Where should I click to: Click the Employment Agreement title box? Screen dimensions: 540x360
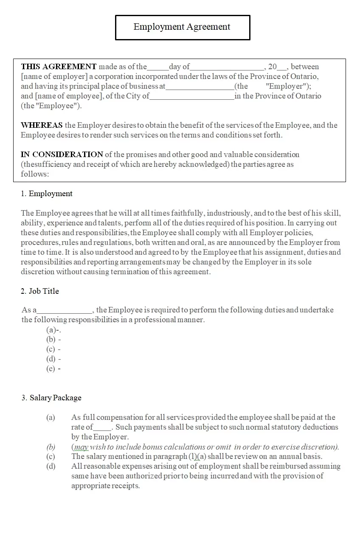click(183, 27)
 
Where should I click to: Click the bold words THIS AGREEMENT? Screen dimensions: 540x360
click(59, 67)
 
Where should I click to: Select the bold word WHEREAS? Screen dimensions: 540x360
click(42, 125)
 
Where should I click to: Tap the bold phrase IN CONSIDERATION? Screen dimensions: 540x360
click(62, 155)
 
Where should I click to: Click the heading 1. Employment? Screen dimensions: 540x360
click(47, 194)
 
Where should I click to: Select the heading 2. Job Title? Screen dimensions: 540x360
click(40, 291)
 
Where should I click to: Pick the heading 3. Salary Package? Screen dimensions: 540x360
click(51, 398)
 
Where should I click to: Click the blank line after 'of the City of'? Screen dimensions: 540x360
click(192, 96)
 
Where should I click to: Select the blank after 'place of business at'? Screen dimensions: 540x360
click(200, 87)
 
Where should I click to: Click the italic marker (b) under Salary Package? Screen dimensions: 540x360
click(51, 447)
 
